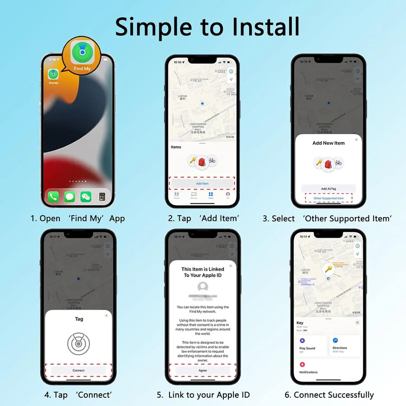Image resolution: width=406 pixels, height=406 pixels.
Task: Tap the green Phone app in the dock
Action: pos(53,196)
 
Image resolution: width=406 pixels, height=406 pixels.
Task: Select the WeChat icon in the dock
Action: pos(86,196)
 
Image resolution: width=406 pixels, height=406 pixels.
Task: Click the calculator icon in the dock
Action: pos(103,196)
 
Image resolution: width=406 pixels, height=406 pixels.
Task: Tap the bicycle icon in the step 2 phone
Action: pos(212,161)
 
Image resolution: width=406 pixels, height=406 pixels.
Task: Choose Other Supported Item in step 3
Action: pos(329,198)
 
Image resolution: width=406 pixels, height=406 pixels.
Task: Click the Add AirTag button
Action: pos(329,188)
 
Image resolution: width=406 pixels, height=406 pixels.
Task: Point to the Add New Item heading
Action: pos(328,143)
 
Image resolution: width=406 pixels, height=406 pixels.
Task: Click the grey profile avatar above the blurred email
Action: pos(202,286)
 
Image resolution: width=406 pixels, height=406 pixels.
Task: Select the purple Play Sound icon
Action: pos(302,341)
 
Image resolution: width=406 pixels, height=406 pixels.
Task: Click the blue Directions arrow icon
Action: pos(335,341)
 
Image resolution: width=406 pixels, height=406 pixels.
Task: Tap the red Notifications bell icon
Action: pos(302,364)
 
